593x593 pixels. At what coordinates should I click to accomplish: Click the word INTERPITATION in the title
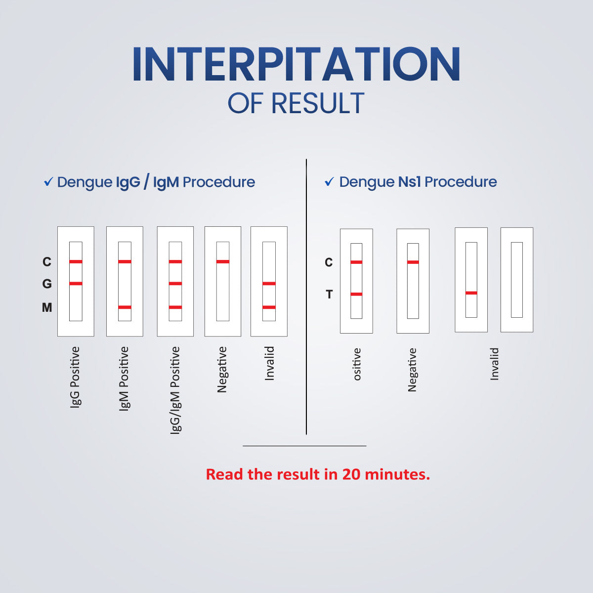pyautogui.click(x=296, y=64)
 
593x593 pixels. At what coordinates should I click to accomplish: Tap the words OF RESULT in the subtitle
pyautogui.click(x=296, y=103)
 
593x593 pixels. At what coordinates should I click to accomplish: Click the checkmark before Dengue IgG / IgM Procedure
pyautogui.click(x=48, y=182)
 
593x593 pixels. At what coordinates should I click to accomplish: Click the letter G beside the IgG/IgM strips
pyautogui.click(x=47, y=284)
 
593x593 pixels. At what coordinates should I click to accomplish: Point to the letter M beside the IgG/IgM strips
pyautogui.click(x=47, y=307)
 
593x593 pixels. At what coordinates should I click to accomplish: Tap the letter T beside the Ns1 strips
pyautogui.click(x=329, y=294)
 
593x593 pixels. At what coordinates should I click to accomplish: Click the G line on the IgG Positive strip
pyautogui.click(x=76, y=284)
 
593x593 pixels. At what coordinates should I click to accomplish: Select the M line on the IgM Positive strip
pyautogui.click(x=125, y=307)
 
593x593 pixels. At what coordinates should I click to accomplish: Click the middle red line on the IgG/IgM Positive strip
pyautogui.click(x=175, y=284)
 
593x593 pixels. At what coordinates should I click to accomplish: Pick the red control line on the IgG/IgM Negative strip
pyautogui.click(x=223, y=261)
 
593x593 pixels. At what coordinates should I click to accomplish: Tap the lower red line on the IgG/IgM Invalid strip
pyautogui.click(x=269, y=307)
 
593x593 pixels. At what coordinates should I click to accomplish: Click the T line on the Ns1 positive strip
pyautogui.click(x=356, y=294)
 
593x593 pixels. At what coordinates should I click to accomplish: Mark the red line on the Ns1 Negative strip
pyautogui.click(x=413, y=262)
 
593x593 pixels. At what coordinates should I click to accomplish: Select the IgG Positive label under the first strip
pyautogui.click(x=75, y=377)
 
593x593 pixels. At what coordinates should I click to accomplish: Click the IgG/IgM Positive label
pyautogui.click(x=175, y=390)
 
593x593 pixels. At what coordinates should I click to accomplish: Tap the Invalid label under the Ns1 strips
pyautogui.click(x=494, y=364)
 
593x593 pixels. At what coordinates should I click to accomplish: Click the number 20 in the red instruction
pyautogui.click(x=351, y=474)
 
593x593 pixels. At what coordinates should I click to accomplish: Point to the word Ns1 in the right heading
pyautogui.click(x=409, y=181)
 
